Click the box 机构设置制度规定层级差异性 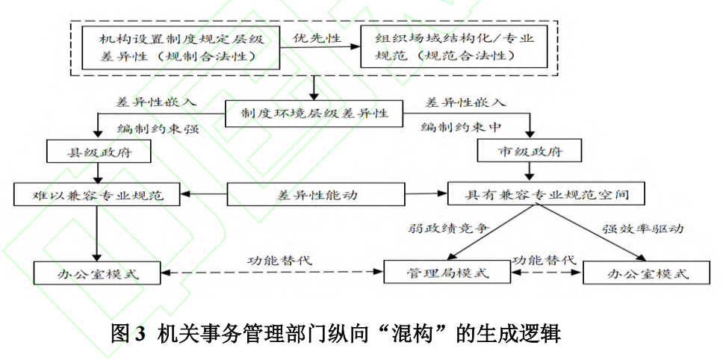[x=181, y=46]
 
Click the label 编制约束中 [x=460, y=127]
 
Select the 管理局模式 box [x=447, y=273]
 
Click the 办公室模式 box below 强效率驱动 [x=646, y=273]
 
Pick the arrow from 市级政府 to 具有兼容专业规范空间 [x=530, y=173]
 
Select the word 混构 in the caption [x=414, y=332]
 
